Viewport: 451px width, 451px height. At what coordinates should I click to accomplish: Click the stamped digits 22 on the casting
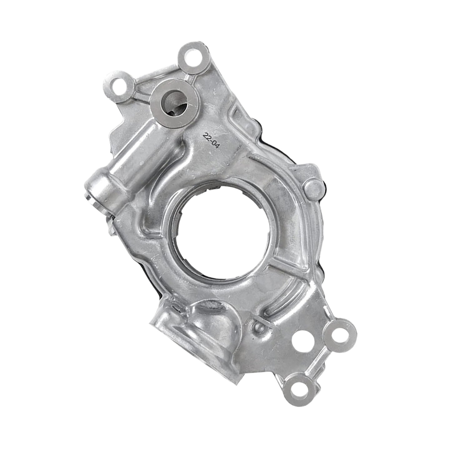207,136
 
